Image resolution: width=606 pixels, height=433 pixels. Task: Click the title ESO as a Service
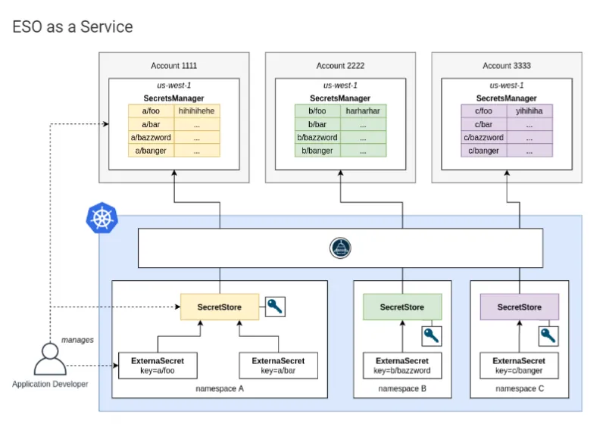73,27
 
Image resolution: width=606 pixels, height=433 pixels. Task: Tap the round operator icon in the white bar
341,248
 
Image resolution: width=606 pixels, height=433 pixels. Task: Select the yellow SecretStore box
219,307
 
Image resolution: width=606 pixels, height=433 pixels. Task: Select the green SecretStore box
401,307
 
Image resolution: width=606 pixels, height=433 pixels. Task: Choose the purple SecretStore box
520,307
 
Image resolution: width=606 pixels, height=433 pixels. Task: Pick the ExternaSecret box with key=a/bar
278,366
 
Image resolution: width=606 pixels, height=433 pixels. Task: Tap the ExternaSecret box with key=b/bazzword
401,366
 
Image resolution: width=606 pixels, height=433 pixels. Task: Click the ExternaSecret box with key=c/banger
519,366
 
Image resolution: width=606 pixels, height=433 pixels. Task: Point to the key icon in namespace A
275,307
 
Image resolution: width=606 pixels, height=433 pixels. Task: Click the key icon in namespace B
431,335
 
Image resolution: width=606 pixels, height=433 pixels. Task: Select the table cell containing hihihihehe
196,111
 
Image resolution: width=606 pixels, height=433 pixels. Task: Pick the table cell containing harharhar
363,111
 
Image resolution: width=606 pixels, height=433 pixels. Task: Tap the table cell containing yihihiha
529,111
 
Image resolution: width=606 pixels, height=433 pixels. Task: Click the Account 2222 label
340,66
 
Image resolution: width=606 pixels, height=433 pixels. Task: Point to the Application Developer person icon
50,360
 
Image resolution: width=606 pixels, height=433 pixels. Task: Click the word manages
77,340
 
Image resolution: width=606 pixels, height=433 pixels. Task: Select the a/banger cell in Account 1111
151,151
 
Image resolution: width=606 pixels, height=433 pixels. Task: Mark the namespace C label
519,388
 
